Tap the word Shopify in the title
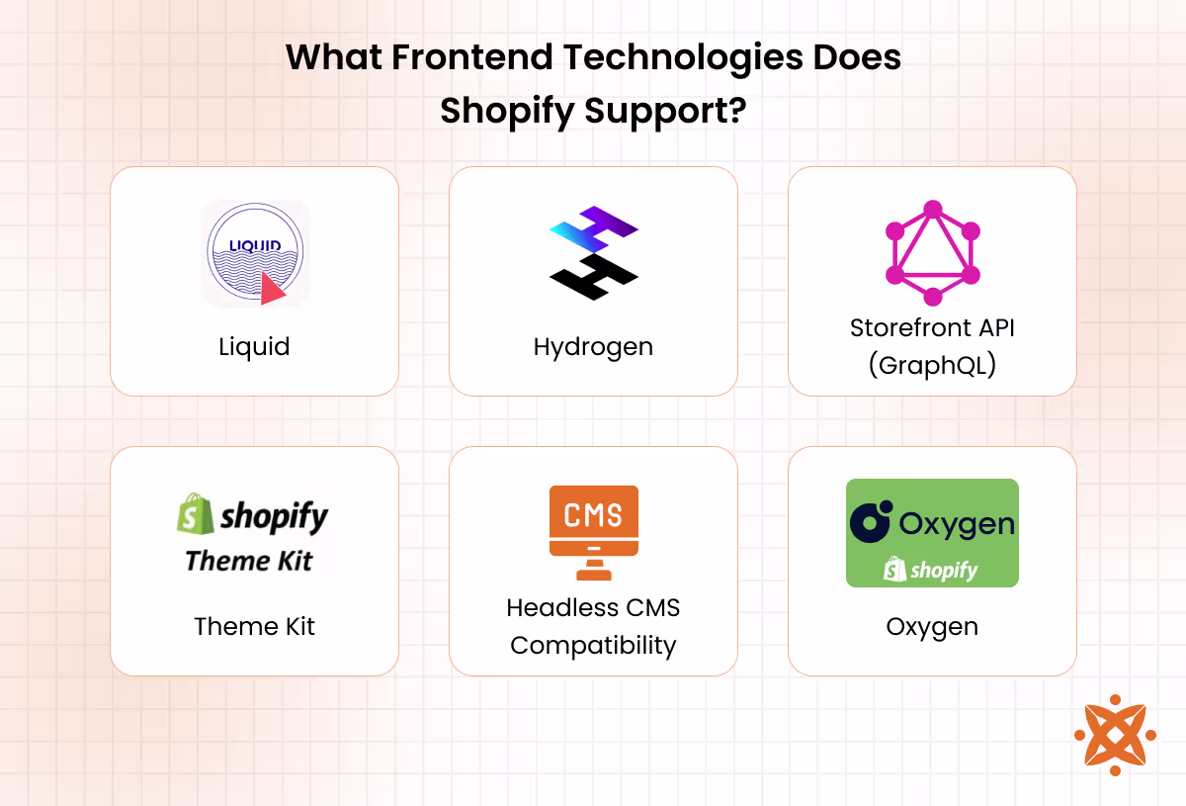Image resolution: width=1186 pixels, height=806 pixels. (x=506, y=110)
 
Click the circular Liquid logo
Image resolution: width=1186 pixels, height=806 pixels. (x=255, y=253)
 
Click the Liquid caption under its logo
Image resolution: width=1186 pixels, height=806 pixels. (x=254, y=347)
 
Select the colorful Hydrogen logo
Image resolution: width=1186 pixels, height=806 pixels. (x=593, y=252)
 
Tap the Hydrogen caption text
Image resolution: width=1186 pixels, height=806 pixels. (x=593, y=347)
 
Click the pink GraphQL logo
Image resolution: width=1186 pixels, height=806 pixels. (x=932, y=253)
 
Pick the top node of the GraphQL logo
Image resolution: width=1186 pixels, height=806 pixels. (x=932, y=209)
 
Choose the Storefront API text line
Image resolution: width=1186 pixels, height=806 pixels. (x=932, y=328)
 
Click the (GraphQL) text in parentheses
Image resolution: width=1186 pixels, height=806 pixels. (x=932, y=365)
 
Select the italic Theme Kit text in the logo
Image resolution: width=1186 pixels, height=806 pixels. (x=249, y=561)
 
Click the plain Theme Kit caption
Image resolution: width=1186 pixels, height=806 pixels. (x=254, y=626)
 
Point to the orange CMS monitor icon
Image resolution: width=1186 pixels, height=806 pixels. (x=593, y=531)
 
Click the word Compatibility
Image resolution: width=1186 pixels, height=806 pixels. (x=593, y=646)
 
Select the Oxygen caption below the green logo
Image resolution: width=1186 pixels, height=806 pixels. (x=932, y=626)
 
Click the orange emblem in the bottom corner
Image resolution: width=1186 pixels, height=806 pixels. (x=1114, y=734)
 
